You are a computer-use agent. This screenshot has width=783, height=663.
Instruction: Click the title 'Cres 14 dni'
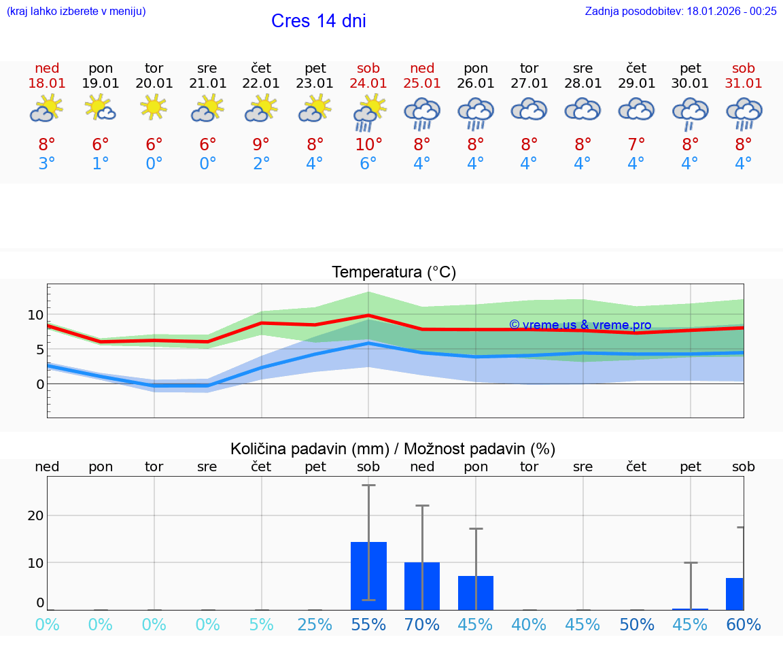point(318,21)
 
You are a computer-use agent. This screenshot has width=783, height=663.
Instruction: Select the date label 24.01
point(368,84)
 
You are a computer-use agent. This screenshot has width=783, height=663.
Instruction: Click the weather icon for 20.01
point(154,107)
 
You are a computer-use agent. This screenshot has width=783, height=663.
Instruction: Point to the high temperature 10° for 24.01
point(368,145)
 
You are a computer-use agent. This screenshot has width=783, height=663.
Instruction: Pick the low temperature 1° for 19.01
point(101,164)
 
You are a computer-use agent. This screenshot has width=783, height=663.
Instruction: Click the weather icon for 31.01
point(744,113)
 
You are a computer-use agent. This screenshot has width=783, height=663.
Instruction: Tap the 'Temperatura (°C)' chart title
point(394,273)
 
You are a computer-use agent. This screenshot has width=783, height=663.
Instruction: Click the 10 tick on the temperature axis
point(35,315)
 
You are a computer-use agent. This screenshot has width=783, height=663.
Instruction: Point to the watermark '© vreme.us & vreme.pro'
point(580,325)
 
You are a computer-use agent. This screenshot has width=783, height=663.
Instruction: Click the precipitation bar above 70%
point(422,585)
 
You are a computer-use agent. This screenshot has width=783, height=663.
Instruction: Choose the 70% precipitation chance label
point(422,625)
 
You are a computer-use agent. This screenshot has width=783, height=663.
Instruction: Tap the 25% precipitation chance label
point(315,625)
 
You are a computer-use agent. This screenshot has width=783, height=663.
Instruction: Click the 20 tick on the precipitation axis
point(35,515)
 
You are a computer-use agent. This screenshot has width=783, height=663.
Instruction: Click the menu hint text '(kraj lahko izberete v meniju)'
point(76,11)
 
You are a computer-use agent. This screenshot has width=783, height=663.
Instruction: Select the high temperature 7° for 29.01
point(636,145)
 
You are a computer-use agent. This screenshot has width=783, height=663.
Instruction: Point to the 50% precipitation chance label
point(636,625)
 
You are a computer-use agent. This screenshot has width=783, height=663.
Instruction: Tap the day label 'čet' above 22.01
point(261,68)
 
